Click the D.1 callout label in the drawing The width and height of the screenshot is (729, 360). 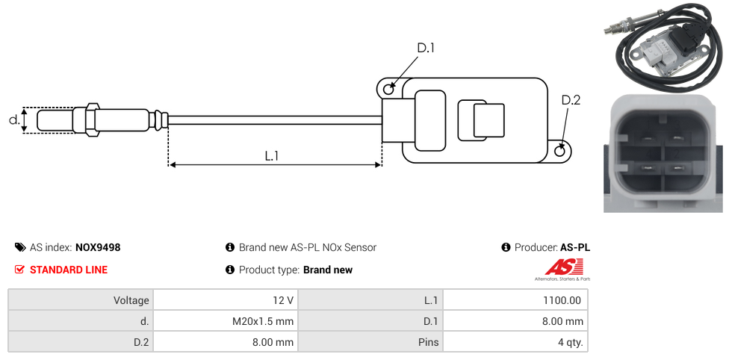425,48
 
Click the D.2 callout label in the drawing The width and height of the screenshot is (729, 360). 570,101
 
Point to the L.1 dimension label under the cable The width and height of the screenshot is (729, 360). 271,156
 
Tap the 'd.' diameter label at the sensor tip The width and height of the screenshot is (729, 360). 13,120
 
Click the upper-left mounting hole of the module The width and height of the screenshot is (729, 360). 388,90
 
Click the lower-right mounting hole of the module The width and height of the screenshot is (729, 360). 561,152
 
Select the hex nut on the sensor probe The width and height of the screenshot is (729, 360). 93,120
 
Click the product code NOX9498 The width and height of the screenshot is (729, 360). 98,247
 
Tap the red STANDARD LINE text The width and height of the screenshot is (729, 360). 68,270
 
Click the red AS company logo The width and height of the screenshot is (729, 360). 562,267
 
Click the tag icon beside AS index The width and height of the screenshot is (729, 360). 20,247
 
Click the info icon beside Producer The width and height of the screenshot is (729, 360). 506,247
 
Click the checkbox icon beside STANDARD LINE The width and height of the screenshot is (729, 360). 20,270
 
